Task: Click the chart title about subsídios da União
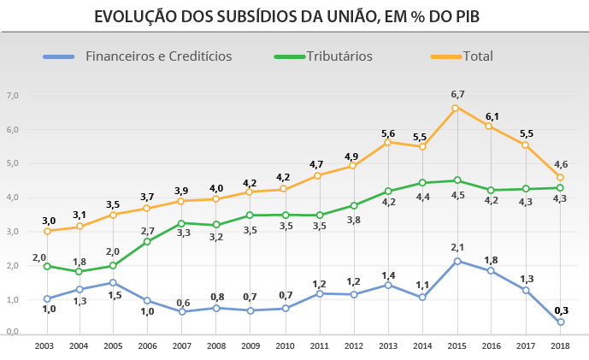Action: (294, 16)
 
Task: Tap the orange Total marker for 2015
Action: (456, 108)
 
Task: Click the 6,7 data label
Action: (457, 94)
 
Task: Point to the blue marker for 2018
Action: (560, 322)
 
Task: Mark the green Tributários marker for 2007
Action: (180, 223)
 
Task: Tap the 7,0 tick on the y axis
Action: (12, 95)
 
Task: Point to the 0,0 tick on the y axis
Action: (12, 332)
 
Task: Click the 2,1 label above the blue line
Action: (457, 247)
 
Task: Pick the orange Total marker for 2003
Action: (47, 231)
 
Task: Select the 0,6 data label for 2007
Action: (183, 302)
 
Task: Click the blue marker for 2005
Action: (114, 283)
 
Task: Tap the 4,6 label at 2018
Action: (560, 164)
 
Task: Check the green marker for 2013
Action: (387, 192)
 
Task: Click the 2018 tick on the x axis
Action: (560, 345)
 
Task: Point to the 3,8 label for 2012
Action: (353, 220)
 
